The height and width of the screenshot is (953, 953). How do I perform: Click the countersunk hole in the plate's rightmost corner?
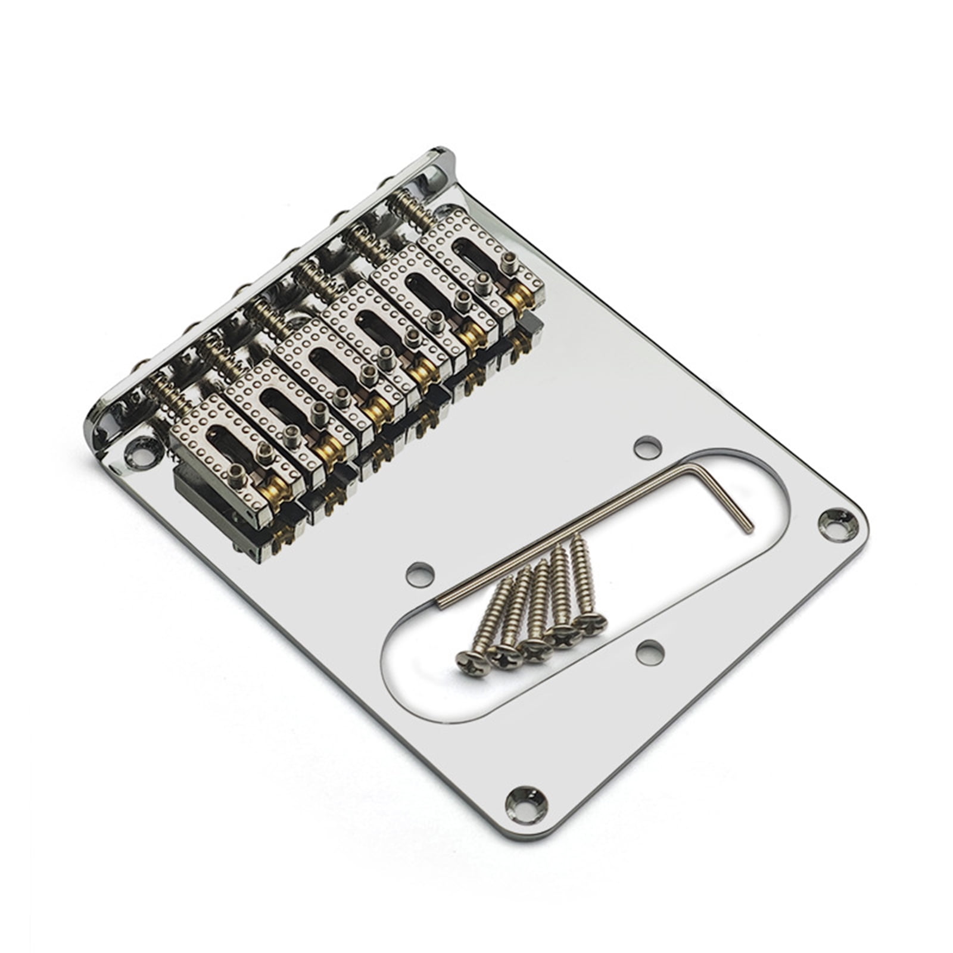(x=839, y=524)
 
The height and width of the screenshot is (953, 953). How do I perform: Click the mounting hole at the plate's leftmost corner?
(x=142, y=456)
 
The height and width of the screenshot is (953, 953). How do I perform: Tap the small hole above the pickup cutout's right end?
(x=647, y=447)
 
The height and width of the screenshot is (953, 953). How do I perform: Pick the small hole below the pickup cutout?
(x=650, y=653)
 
